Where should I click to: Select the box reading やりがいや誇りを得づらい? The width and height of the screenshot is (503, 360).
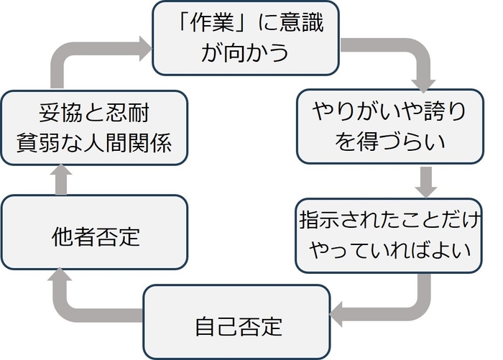coord(389,127)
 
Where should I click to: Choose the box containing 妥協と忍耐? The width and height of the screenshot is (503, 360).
coord(95,127)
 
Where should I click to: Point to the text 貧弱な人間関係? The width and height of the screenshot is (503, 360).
coord(95,142)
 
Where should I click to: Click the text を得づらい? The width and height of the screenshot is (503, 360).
coord(389,142)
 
